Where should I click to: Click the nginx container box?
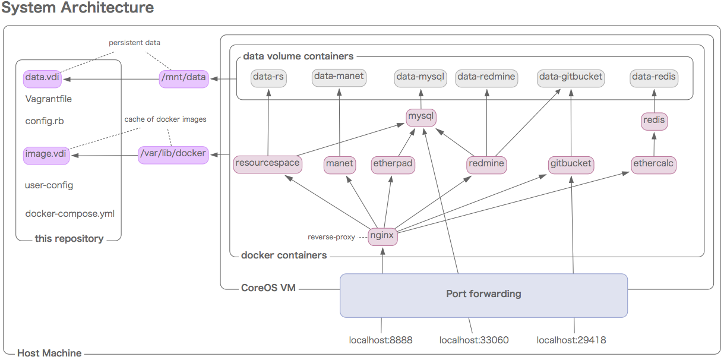pyautogui.click(x=382, y=235)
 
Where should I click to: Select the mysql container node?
pyautogui.click(x=421, y=116)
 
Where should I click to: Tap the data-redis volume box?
pyautogui.click(x=654, y=77)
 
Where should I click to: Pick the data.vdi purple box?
pyautogui.click(x=42, y=78)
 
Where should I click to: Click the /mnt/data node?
pyautogui.click(x=184, y=78)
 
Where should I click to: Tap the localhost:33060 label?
pyautogui.click(x=474, y=340)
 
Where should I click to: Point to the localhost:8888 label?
pyautogui.click(x=381, y=340)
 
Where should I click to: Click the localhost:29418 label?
pyautogui.click(x=571, y=340)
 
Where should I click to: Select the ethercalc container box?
pyautogui.click(x=654, y=164)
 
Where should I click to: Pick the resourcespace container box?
pyautogui.click(x=267, y=163)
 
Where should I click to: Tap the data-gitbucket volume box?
pyautogui.click(x=571, y=77)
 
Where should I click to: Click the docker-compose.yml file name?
pyautogui.click(x=70, y=214)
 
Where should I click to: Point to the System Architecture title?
pyautogui.click(x=77, y=8)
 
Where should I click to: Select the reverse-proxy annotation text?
pyautogui.click(x=331, y=237)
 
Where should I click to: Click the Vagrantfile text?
pyautogui.click(x=49, y=99)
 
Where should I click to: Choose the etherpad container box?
pyautogui.click(x=393, y=164)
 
